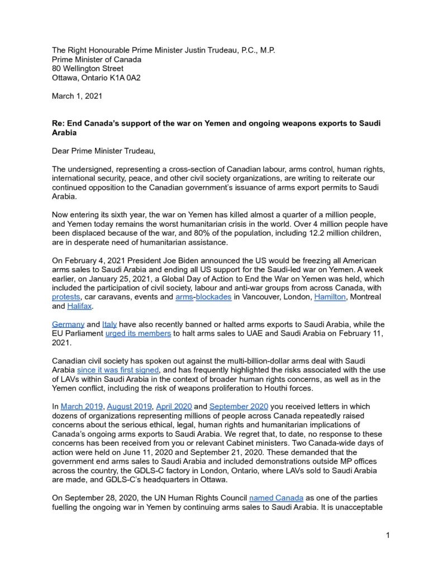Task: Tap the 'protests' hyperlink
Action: pos(66,297)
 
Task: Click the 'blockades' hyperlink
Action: pos(213,297)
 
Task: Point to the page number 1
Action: pos(387,536)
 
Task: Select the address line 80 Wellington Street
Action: pos(88,69)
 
